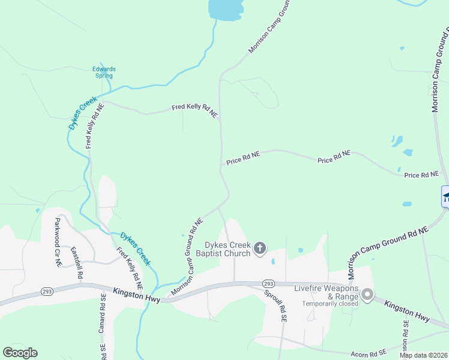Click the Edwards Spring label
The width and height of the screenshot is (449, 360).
pyautogui.click(x=104, y=72)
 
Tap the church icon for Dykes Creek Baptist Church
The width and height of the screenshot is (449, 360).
pyautogui.click(x=260, y=248)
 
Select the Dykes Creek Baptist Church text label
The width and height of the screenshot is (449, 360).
pyautogui.click(x=228, y=248)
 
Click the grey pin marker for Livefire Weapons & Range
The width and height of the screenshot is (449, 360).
pyautogui.click(x=367, y=294)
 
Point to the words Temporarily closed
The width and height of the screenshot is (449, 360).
pyautogui.click(x=330, y=304)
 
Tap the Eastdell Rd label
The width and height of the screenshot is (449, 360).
pyautogui.click(x=76, y=263)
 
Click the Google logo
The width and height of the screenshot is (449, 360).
pyautogui.click(x=20, y=353)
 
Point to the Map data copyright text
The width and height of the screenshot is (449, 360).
pyautogui.click(x=423, y=355)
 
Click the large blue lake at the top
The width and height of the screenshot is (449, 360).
pyautogui.click(x=225, y=8)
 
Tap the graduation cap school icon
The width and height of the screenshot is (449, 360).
pyautogui.click(x=446, y=196)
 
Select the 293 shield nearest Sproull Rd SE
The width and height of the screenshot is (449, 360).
pyautogui.click(x=268, y=283)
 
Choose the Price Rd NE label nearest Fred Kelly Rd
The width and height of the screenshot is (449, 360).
pyautogui.click(x=243, y=158)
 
